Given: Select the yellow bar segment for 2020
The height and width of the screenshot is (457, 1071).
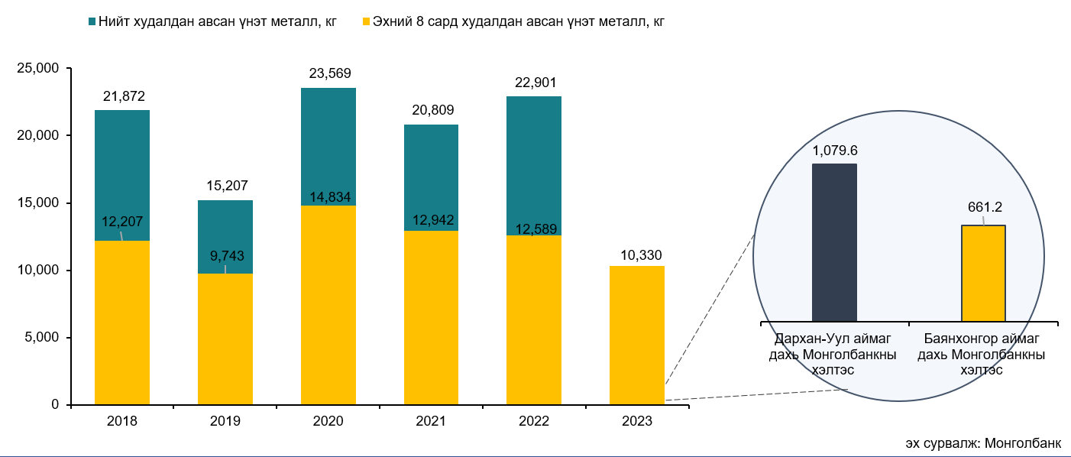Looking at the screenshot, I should click(x=328, y=306).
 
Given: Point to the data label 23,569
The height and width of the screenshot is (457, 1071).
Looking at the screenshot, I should click(x=329, y=74).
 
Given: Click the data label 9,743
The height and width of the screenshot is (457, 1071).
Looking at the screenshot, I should click(x=225, y=256).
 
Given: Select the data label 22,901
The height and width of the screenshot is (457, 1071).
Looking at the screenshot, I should click(x=534, y=83).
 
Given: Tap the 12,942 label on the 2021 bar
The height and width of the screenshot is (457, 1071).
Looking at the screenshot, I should click(x=431, y=222).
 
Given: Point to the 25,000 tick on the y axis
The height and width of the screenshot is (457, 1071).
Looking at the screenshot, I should click(x=37, y=69).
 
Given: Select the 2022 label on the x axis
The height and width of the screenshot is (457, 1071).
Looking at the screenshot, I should click(x=534, y=421).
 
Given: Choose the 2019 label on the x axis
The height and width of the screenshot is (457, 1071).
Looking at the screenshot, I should click(x=225, y=421).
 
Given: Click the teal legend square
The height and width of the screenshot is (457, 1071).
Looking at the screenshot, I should click(x=92, y=21).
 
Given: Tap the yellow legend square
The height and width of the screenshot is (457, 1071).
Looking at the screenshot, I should click(x=366, y=21).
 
